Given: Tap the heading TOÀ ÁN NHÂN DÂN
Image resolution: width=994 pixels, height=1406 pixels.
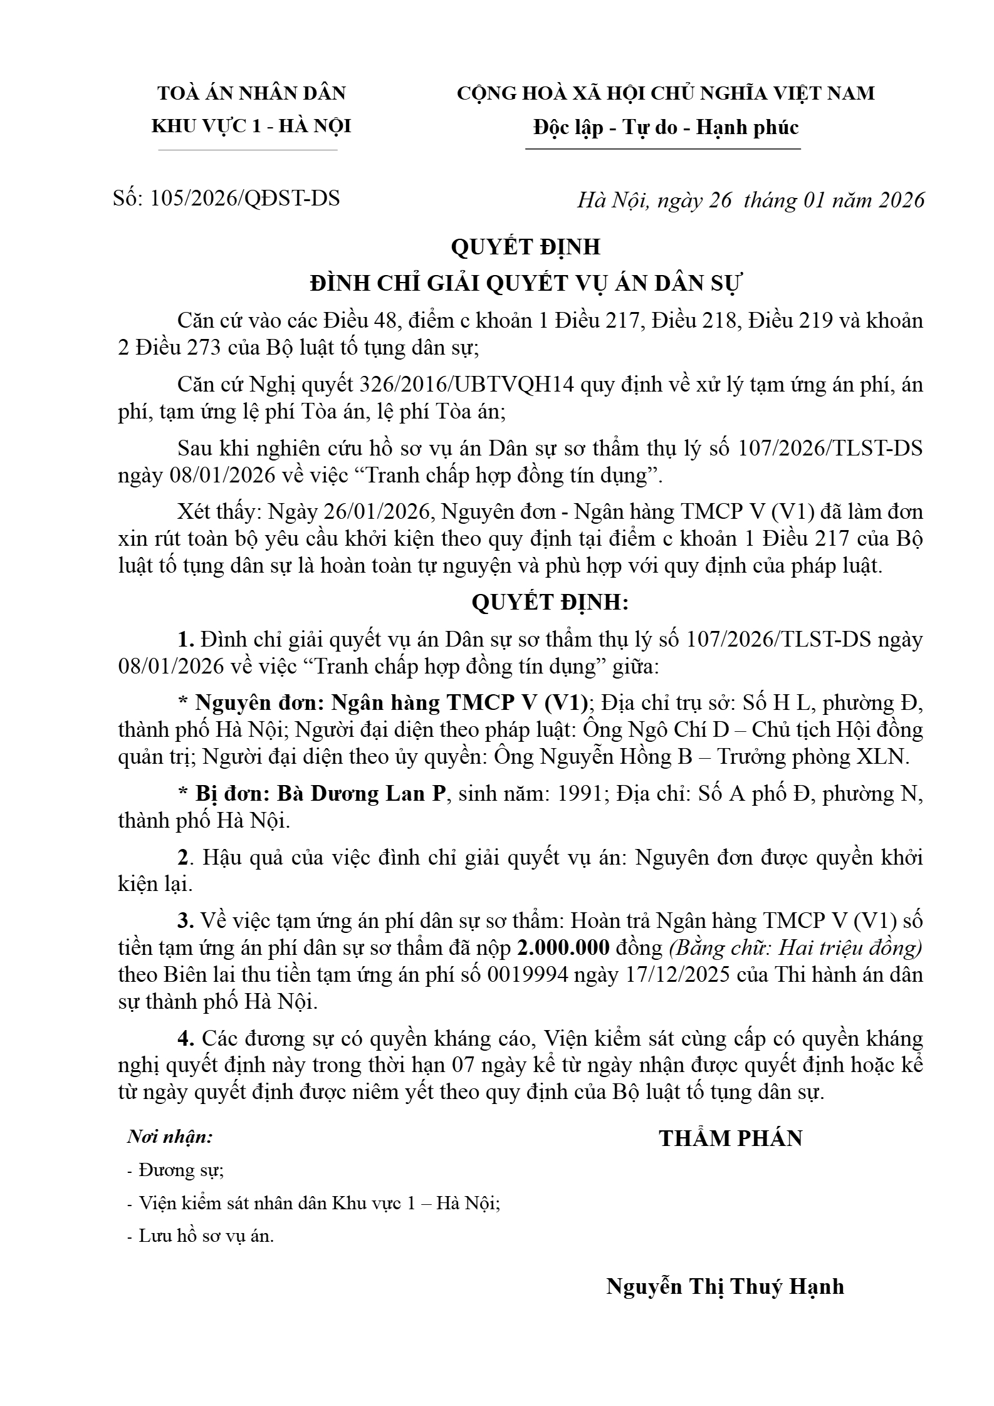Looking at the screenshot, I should [x=251, y=93].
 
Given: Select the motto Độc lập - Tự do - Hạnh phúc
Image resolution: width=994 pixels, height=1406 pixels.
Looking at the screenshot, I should [x=666, y=128].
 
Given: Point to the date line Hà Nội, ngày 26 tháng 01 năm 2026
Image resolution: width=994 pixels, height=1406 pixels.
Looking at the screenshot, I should [x=750, y=200].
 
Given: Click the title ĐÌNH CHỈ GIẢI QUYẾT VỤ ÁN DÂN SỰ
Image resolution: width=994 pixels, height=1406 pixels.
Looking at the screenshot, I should [x=526, y=283].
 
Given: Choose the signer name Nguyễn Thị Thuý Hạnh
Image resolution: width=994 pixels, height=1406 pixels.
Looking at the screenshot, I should [x=725, y=1286].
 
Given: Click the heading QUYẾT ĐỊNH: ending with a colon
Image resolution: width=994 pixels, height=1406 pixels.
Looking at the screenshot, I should [x=550, y=602].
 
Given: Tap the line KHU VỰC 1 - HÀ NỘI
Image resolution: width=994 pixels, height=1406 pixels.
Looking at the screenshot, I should [x=251, y=127].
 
